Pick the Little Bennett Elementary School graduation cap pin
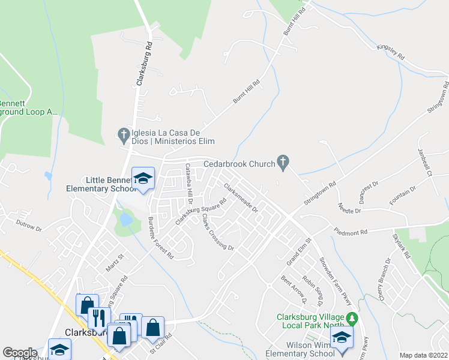(143, 178)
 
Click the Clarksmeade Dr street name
(241, 198)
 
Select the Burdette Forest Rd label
(161, 238)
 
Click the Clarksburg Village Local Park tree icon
(353, 317)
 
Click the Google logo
(20, 353)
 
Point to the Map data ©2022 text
(424, 355)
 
